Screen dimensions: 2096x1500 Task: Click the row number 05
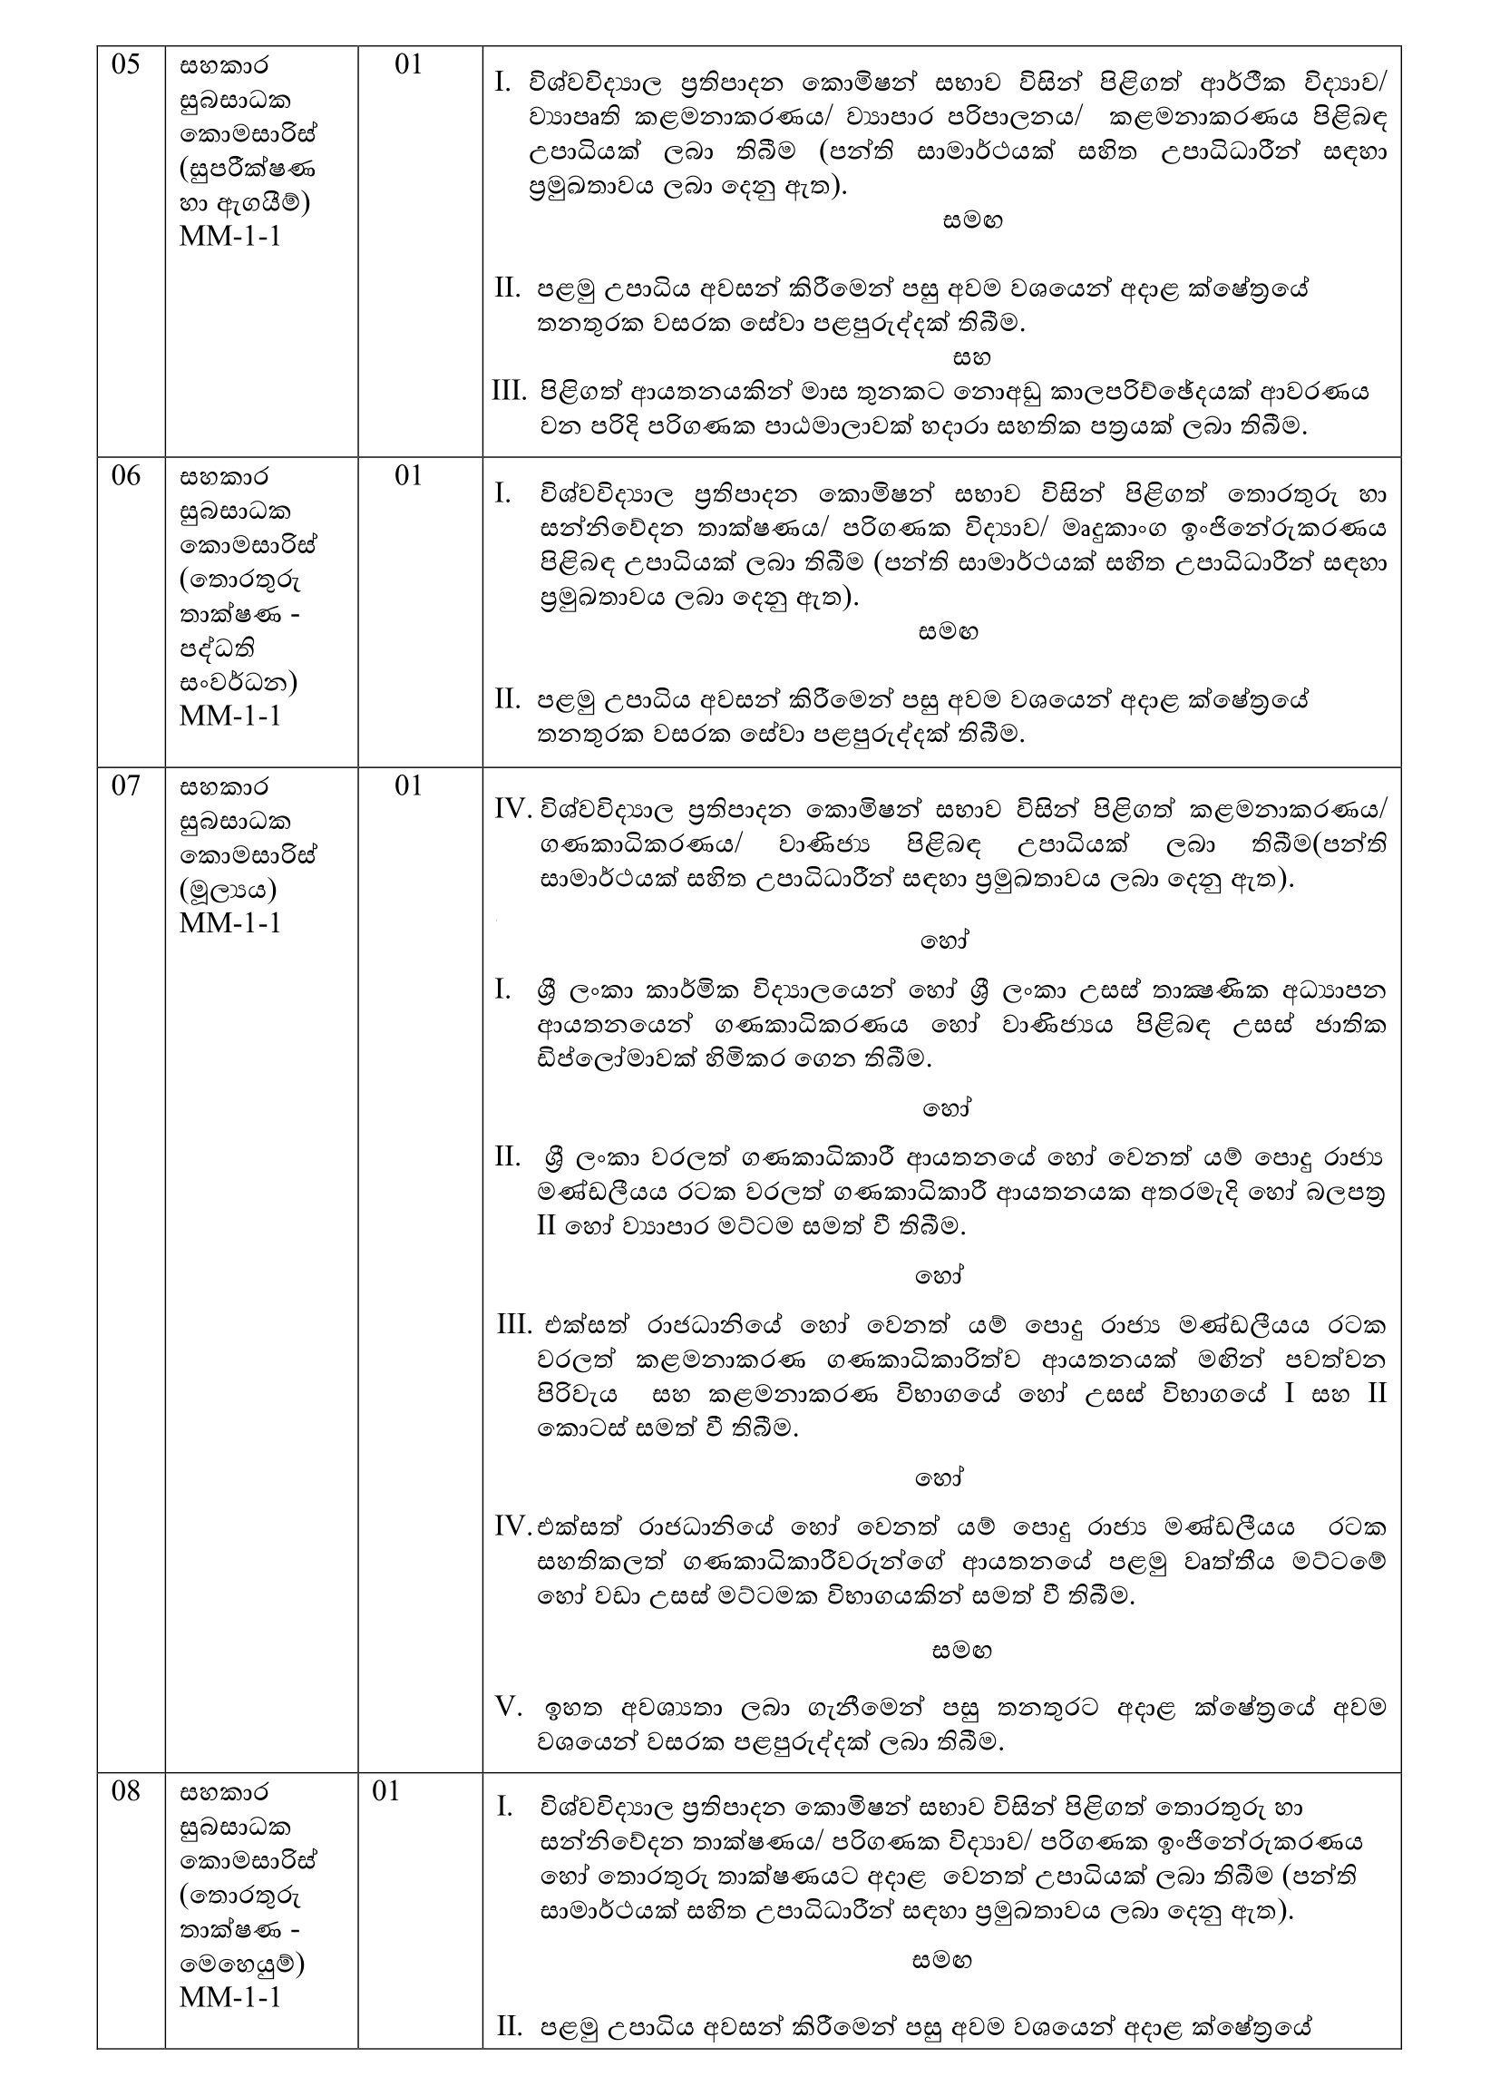coord(126,64)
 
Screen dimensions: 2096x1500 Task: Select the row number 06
coord(126,476)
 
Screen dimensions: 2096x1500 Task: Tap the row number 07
coord(126,786)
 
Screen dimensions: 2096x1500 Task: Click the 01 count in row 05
coord(408,64)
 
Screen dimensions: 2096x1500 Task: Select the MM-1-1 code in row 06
coord(230,717)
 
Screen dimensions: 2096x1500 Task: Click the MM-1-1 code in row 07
coord(230,924)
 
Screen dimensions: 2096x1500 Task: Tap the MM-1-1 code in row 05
coord(230,237)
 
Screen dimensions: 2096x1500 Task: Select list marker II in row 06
coord(508,699)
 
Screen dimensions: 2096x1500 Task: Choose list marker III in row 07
coord(513,1325)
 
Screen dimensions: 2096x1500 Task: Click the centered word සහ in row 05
coord(971,356)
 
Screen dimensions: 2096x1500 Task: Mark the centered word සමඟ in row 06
coord(949,632)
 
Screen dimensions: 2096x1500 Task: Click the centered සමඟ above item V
coord(962,1651)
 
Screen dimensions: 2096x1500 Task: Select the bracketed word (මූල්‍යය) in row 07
coord(229,890)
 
